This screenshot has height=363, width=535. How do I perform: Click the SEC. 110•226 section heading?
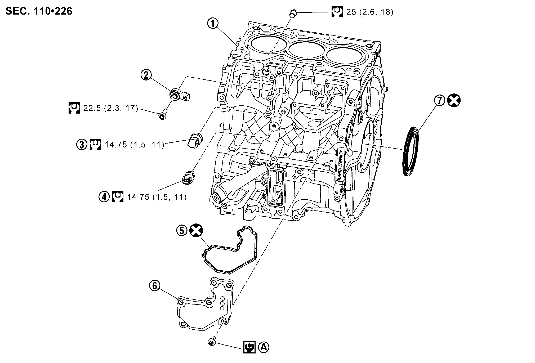click(x=39, y=11)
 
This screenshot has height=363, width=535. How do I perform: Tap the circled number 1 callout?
click(x=213, y=24)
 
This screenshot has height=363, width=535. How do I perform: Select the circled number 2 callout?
click(x=146, y=75)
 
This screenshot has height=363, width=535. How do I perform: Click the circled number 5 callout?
click(x=182, y=230)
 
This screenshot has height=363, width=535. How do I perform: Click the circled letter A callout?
click(x=264, y=347)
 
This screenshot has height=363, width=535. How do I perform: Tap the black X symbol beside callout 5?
click(x=196, y=230)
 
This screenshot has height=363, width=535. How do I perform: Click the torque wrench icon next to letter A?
click(x=249, y=347)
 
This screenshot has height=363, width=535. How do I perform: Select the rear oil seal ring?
click(x=411, y=151)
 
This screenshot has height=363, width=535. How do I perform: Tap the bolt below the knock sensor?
click(x=162, y=115)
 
